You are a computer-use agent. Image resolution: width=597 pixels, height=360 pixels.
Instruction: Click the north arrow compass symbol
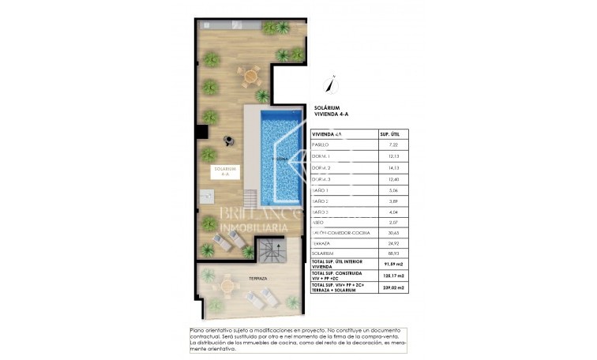[x=333, y=84]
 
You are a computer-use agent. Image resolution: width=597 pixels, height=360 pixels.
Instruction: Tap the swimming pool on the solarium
[x=280, y=158]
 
